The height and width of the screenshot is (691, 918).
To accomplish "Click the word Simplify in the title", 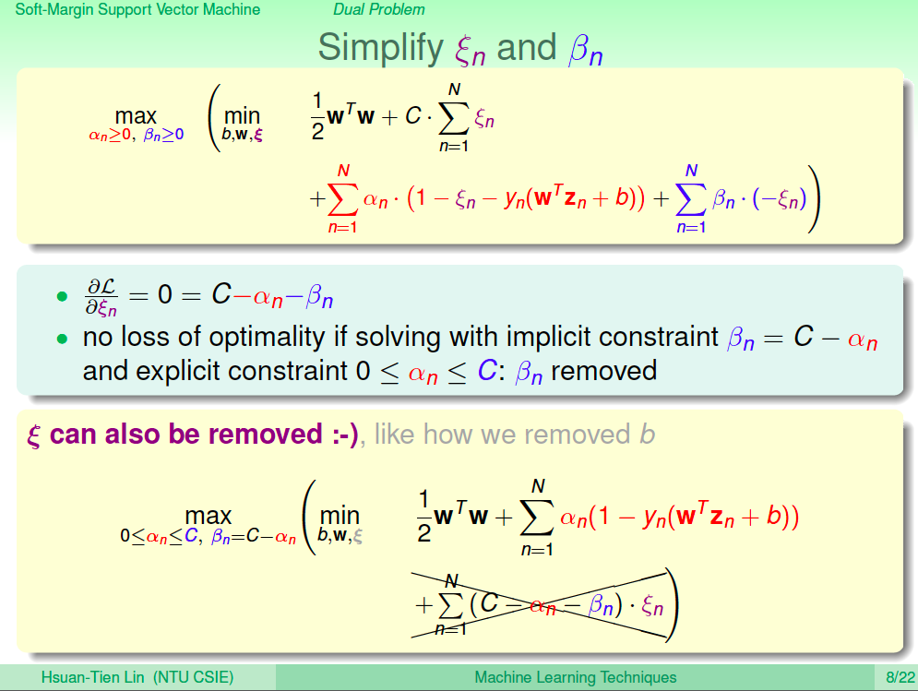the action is pyautogui.click(x=380, y=49).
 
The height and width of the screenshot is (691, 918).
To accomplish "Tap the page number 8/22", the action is pyautogui.click(x=900, y=677).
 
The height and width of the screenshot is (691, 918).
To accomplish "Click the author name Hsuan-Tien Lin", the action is pyautogui.click(x=92, y=677).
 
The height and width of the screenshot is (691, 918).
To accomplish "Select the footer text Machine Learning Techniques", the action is pyautogui.click(x=576, y=677).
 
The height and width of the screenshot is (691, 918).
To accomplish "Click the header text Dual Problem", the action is pyautogui.click(x=379, y=9).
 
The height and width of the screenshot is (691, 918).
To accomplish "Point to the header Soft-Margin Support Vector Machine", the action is pyautogui.click(x=137, y=9).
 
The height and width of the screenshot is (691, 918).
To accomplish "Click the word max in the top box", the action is pyautogui.click(x=136, y=116).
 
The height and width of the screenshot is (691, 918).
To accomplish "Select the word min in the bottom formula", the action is pyautogui.click(x=340, y=516).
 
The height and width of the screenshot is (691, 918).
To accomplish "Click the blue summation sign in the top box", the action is pyautogui.click(x=691, y=200).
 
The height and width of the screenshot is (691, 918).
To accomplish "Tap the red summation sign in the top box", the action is pyautogui.click(x=343, y=200).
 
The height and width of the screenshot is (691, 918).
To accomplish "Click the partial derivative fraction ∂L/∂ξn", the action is pyautogui.click(x=101, y=297).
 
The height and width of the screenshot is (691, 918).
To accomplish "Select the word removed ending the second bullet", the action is pyautogui.click(x=603, y=371).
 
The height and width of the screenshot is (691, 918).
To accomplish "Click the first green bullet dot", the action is pyautogui.click(x=62, y=296).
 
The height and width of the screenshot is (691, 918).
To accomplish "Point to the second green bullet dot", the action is pyautogui.click(x=62, y=339).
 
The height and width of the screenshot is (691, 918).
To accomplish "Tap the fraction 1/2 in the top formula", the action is pyautogui.click(x=317, y=116).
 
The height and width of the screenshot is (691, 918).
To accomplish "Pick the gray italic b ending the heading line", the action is pyautogui.click(x=647, y=434).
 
